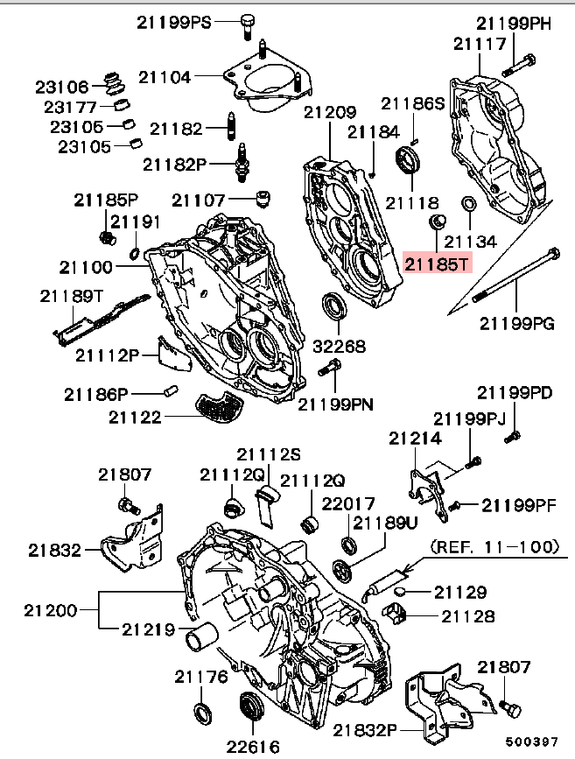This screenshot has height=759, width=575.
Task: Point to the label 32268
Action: click(x=340, y=347)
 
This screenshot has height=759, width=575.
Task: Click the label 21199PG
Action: click(x=516, y=323)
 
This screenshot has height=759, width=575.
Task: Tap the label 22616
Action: click(x=253, y=746)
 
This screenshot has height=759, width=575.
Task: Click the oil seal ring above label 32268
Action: click(x=333, y=307)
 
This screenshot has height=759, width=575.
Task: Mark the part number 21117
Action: click(x=480, y=43)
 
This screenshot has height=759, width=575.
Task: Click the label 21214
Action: click(x=415, y=438)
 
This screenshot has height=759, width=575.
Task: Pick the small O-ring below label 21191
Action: click(x=135, y=254)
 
